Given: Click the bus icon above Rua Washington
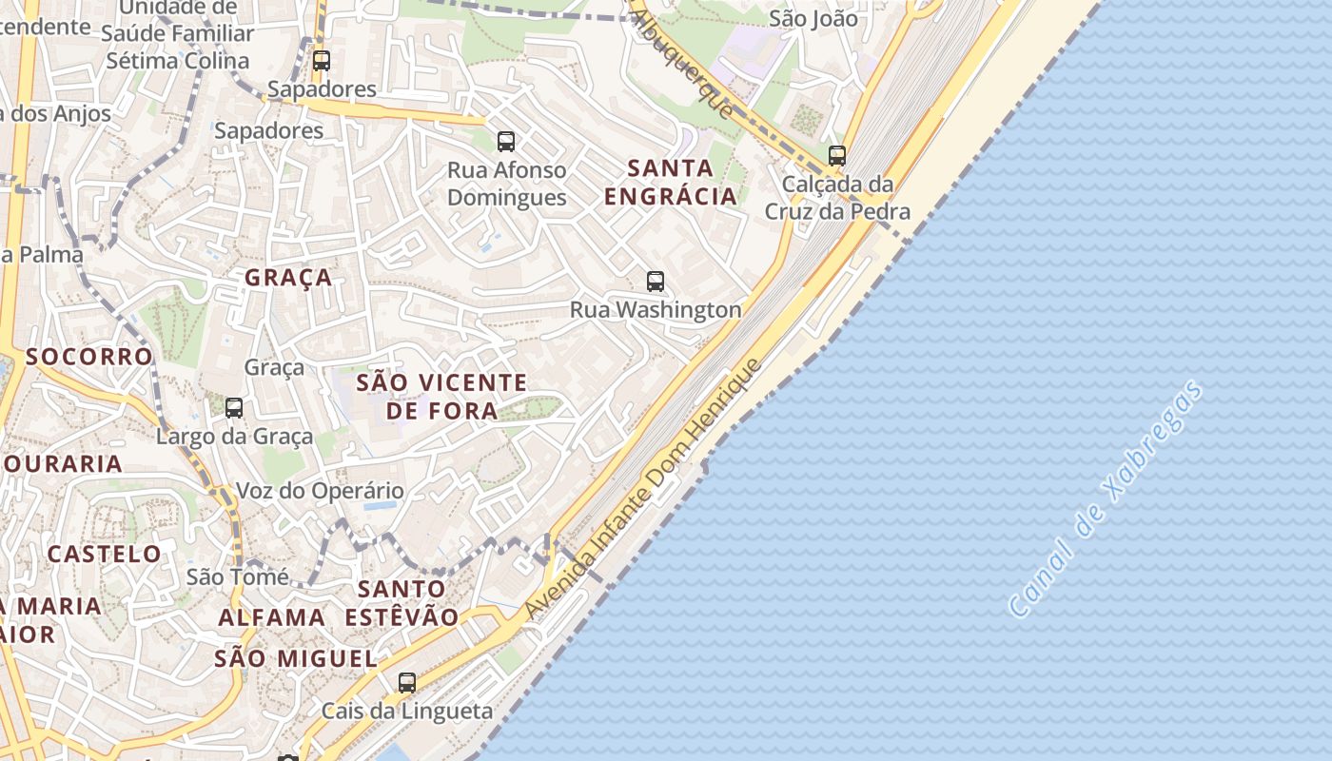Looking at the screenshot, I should click(656, 281).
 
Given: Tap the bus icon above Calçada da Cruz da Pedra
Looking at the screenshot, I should click(837, 155).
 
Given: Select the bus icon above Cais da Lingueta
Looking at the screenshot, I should click(407, 682).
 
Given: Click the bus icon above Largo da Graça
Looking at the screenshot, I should click(234, 408).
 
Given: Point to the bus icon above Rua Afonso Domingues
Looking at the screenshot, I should click(506, 142).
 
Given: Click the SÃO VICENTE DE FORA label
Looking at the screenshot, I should click(441, 397).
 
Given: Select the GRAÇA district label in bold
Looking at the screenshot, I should click(288, 278).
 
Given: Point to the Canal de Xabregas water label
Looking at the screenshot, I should click(1105, 499).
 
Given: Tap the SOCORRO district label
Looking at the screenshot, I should click(89, 357).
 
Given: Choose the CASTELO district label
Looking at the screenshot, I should click(105, 554).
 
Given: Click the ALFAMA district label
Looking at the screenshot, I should click(272, 617).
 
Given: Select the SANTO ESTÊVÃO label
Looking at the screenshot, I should click(402, 602).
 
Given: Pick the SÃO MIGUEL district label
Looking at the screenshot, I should click(296, 658).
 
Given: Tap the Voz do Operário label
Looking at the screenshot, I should click(320, 492).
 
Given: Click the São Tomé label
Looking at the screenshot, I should click(238, 576).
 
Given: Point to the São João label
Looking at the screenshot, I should click(813, 18).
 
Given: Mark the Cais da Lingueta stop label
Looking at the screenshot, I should click(407, 711).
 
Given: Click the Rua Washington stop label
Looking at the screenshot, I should click(656, 309).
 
